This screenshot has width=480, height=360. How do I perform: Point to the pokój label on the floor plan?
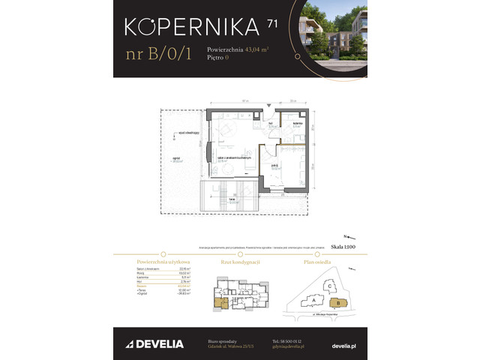(275, 167)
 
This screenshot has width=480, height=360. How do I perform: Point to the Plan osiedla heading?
(319, 261)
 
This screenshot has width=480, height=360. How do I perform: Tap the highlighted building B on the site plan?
(338, 302)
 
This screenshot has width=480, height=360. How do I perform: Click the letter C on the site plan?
(328, 286)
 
